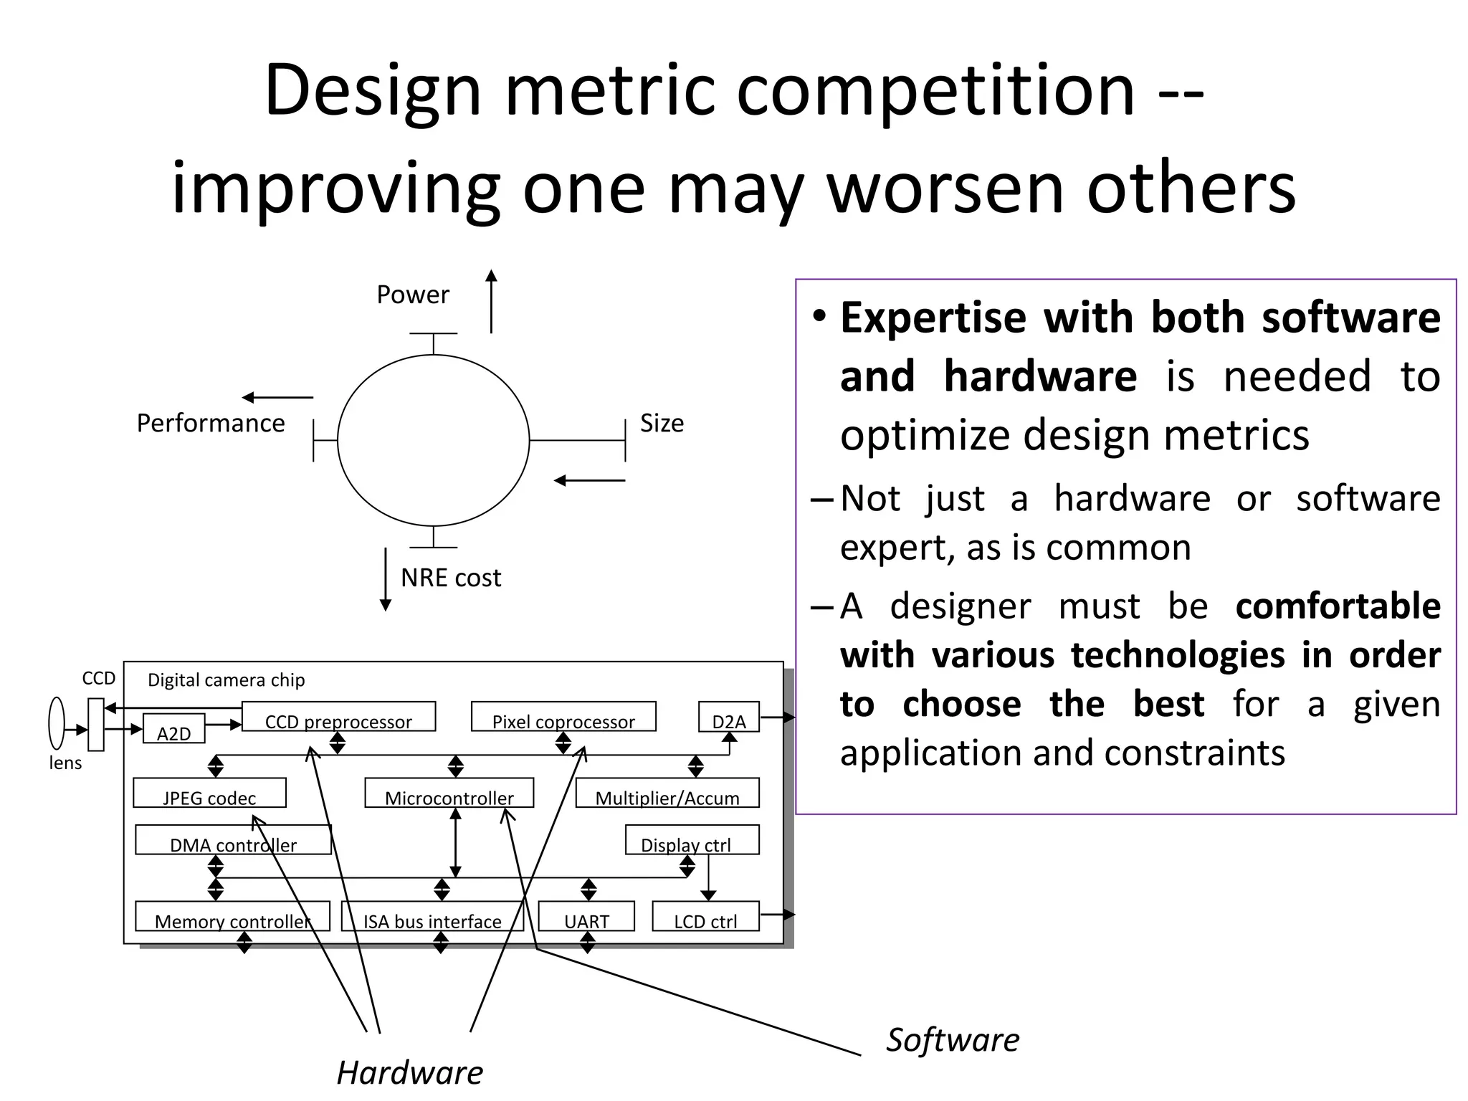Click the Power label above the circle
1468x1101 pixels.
[412, 295]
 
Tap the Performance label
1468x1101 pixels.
[210, 423]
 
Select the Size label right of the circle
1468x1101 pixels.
[661, 423]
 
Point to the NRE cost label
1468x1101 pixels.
[450, 577]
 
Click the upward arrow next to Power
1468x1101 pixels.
[491, 301]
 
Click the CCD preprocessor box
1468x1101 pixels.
[338, 717]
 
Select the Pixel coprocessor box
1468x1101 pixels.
[563, 717]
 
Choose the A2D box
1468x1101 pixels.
[173, 729]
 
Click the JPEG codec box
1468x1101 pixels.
[209, 793]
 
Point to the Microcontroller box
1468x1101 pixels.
[449, 793]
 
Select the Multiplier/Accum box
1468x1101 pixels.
[667, 793]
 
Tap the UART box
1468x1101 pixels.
[586, 917]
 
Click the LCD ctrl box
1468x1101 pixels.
[705, 917]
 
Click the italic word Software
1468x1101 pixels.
[953, 1039]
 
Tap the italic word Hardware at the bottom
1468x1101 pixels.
[410, 1072]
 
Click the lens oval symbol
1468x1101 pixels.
[57, 723]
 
